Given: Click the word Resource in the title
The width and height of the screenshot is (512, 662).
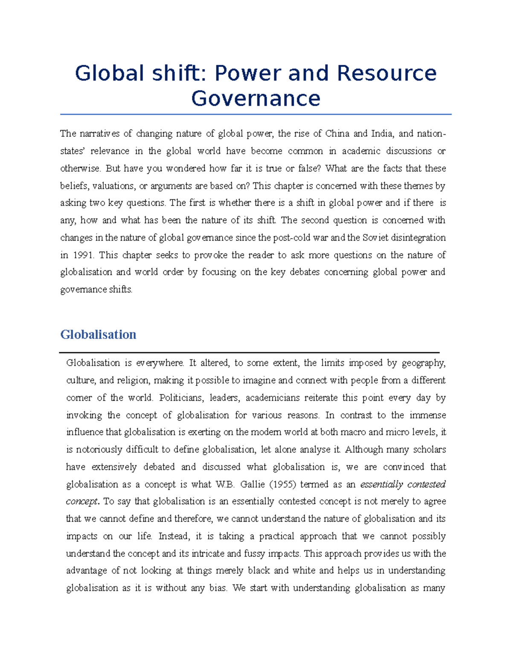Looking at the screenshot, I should tap(387, 73).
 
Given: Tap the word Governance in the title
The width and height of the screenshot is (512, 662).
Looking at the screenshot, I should tap(256, 98).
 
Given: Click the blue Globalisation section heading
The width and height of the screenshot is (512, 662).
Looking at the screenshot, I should tap(98, 334).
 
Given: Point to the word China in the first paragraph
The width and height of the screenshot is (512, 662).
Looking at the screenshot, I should tap(337, 133).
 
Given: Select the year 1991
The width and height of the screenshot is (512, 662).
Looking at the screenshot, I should tap(83, 255).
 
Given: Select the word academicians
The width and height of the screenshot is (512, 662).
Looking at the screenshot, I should tap(273, 398).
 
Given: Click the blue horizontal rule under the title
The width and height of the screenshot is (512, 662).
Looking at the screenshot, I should tap(256, 114).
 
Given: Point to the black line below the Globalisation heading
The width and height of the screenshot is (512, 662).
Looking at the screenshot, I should tap(249, 353).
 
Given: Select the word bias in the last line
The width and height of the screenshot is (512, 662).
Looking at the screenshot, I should tap(217, 588).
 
